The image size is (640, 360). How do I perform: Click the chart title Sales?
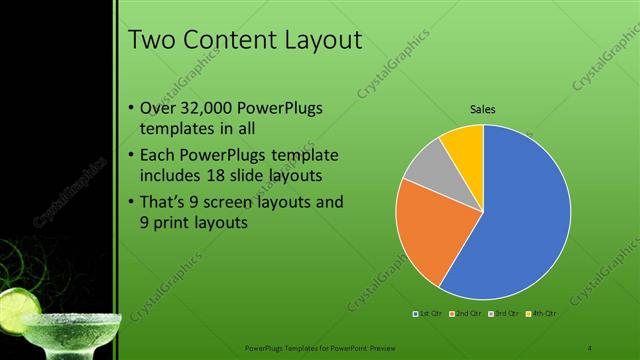[483, 109]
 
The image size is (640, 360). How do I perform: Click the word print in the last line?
[176, 223]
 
